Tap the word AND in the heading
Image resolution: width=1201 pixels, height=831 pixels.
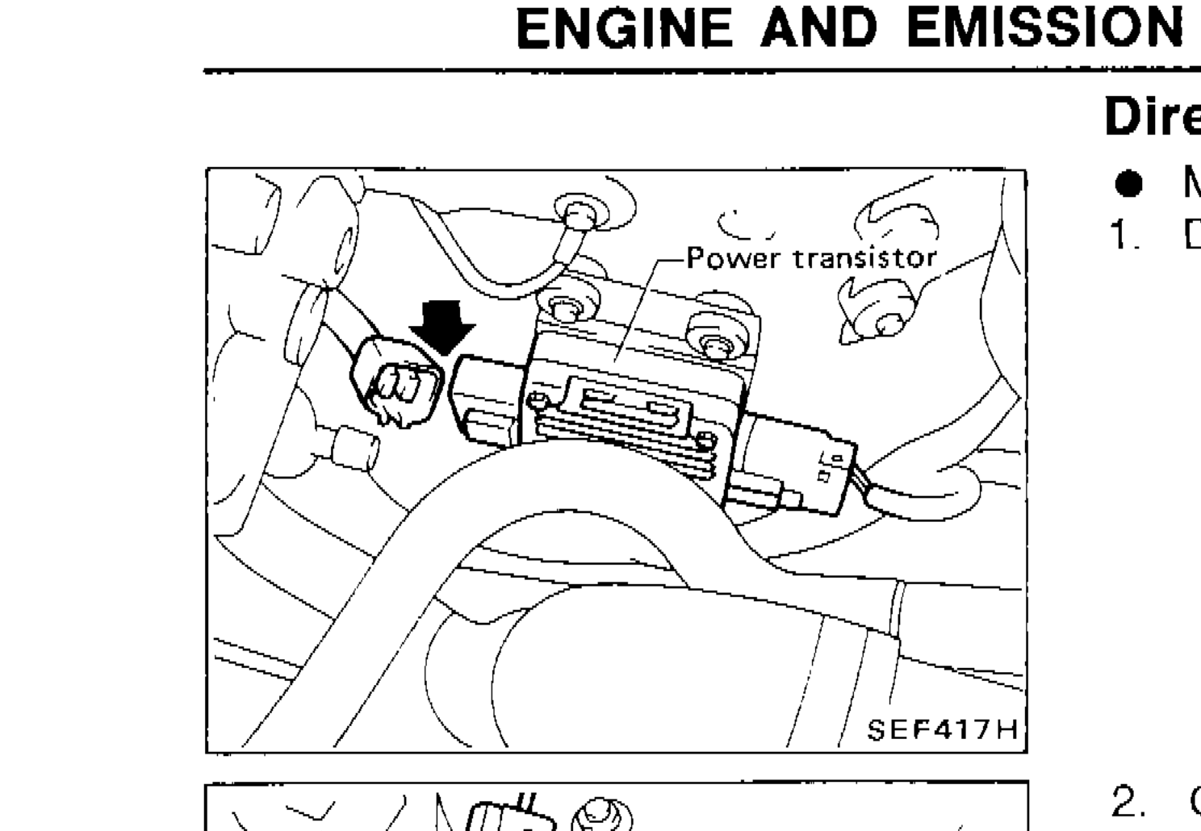pyautogui.click(x=822, y=30)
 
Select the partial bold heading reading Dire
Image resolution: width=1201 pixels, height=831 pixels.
pyautogui.click(x=1152, y=117)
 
